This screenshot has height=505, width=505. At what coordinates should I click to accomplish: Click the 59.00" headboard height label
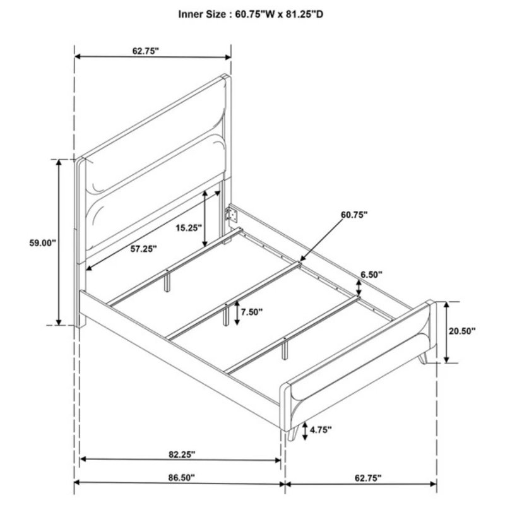pos(43,243)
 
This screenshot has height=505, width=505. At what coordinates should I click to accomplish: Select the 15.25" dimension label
pos(189,228)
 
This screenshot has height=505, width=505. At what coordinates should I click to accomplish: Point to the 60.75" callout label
pos(354,215)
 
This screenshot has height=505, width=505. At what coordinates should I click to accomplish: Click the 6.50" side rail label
pos(371,275)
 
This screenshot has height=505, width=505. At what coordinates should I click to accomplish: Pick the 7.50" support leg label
pos(252,312)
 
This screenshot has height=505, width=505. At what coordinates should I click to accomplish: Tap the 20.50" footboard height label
pos(463,331)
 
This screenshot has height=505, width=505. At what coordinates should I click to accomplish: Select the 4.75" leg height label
pos(321,429)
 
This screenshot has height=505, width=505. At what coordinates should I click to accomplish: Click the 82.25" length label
pos(182,454)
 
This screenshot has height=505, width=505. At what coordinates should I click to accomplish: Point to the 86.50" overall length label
pos(182,478)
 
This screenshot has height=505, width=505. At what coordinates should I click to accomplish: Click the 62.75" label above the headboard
pos(146,51)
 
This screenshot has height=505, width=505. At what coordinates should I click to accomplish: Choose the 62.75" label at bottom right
pos(368,478)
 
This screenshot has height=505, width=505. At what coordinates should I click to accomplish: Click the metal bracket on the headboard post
pos(232,214)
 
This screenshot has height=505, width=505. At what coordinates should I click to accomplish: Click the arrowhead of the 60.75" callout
pos(302,259)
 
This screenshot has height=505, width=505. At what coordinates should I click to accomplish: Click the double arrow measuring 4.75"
pos(305,431)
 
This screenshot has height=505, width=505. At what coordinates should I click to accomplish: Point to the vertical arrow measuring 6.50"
pos(358,288)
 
